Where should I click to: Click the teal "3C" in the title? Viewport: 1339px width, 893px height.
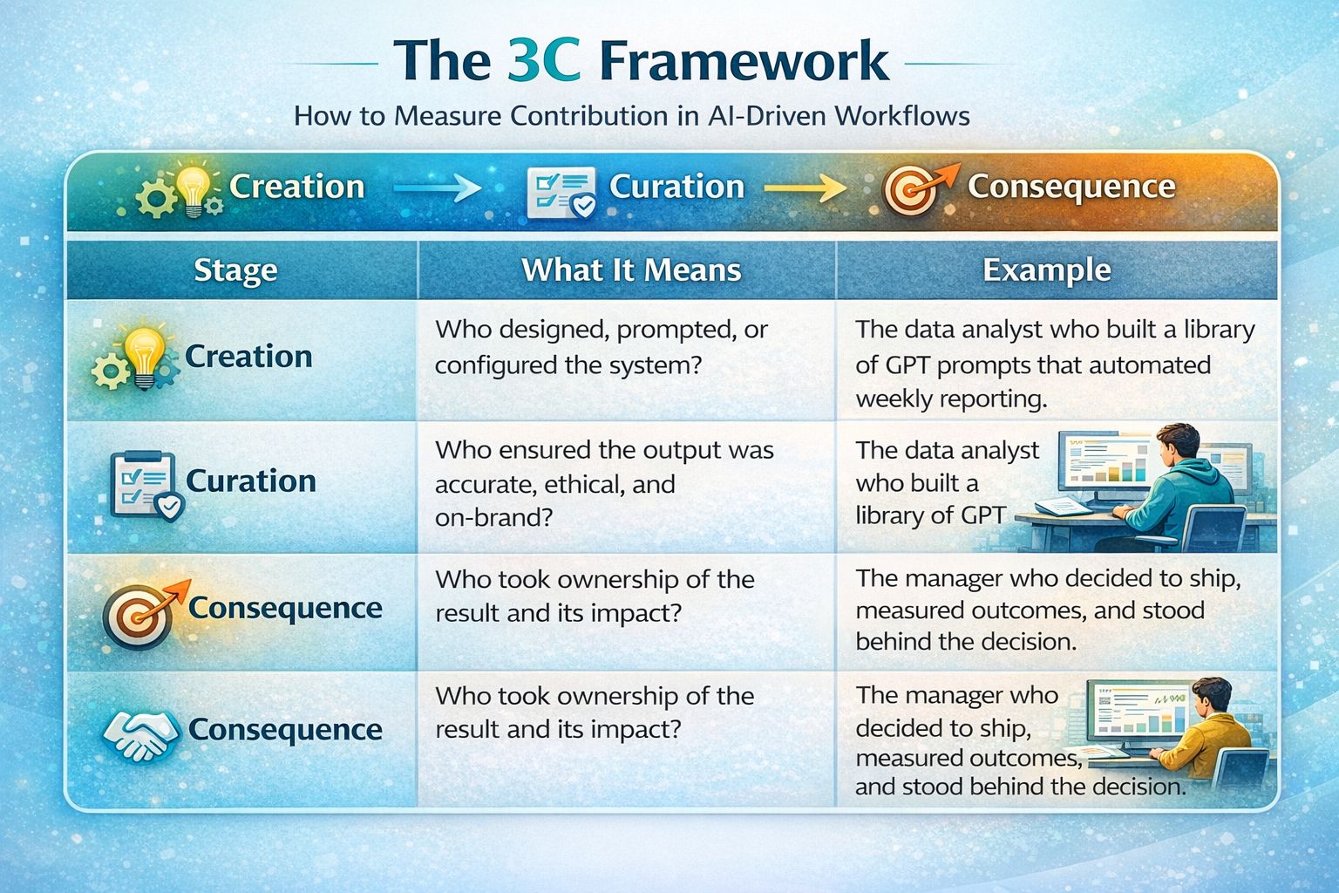click(543, 60)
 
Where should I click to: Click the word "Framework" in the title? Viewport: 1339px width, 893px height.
click(744, 60)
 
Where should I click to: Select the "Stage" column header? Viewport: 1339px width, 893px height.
click(236, 270)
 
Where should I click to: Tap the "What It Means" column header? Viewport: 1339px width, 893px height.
click(631, 269)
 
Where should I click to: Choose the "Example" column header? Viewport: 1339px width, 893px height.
click(1047, 269)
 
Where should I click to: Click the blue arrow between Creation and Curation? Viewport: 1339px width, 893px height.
click(437, 187)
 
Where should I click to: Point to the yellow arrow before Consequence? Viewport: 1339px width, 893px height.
click(805, 187)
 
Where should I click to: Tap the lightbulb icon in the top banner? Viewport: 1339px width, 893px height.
click(193, 187)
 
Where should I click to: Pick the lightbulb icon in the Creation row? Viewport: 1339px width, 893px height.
click(144, 357)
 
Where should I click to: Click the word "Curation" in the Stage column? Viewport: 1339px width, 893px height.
click(251, 481)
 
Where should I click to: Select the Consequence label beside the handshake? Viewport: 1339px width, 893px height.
click(285, 730)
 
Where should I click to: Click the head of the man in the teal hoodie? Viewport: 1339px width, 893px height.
click(1178, 445)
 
